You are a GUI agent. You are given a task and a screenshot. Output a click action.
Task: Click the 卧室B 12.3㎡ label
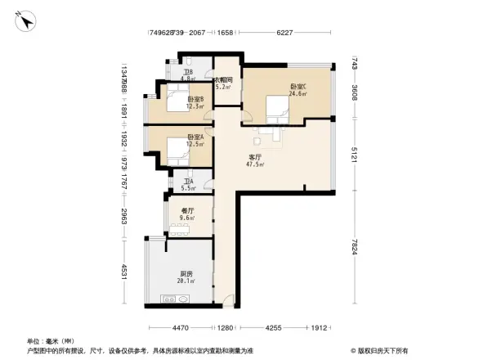coord(194,102)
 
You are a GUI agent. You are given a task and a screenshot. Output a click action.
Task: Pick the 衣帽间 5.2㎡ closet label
coord(224,83)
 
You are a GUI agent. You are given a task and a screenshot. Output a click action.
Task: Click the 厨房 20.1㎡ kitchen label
coord(187,277)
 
